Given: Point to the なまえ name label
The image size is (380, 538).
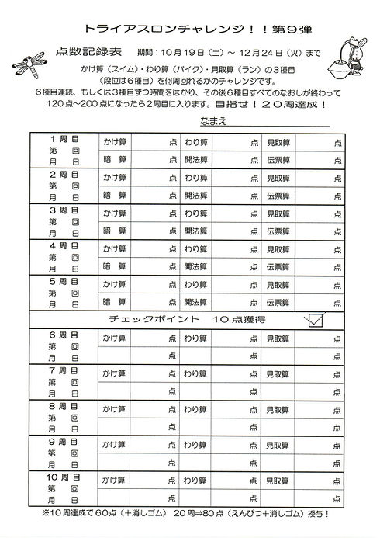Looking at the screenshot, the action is click(214, 123).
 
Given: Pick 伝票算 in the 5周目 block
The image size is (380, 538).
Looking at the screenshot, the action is click(278, 302).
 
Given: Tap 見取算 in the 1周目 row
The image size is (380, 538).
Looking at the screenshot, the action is click(278, 141).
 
